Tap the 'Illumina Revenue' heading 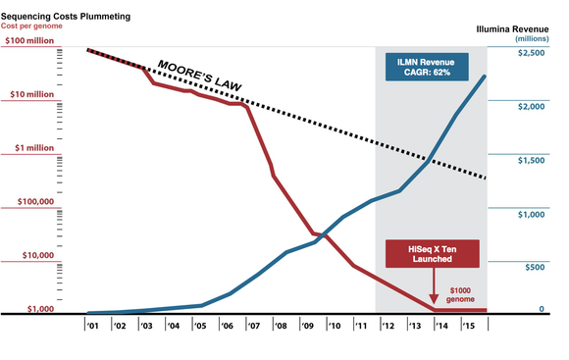tap(515, 28)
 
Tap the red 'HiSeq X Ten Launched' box tap(432, 253)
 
